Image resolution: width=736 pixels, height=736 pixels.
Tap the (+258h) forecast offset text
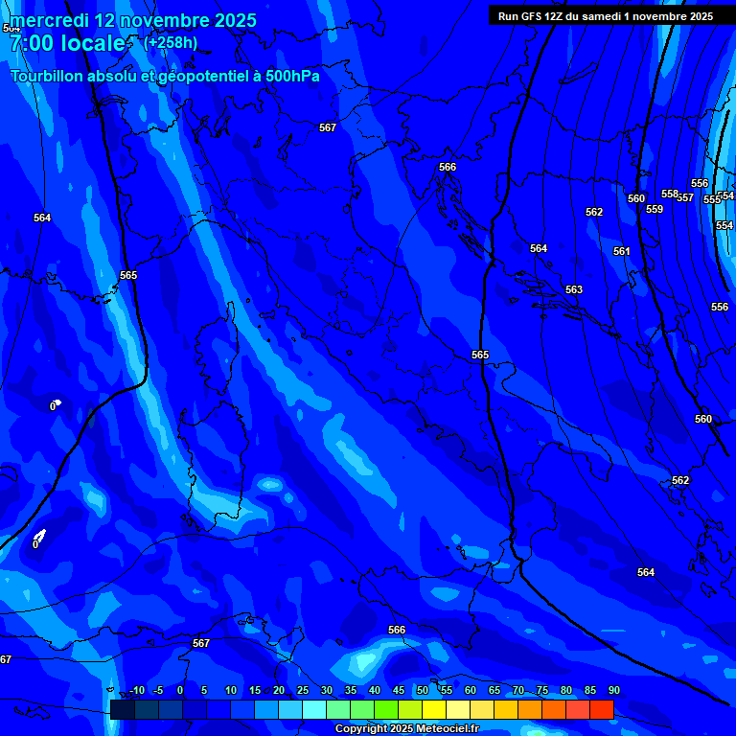171,42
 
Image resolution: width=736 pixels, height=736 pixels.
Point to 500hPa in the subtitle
292,76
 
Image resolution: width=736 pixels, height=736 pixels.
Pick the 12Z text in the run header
550,16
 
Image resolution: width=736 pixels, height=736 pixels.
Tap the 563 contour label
573,289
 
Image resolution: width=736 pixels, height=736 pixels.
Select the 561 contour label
622,251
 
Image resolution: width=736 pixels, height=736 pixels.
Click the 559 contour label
655,209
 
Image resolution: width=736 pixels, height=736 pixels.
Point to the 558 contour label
670,194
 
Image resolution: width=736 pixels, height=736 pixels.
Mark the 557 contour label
685,197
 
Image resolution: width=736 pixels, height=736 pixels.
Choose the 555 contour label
712,199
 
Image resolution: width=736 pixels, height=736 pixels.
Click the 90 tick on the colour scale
613,691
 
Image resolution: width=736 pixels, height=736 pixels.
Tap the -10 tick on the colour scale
136,691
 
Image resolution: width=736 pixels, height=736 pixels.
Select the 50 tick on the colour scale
422,691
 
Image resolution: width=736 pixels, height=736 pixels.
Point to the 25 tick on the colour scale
302,691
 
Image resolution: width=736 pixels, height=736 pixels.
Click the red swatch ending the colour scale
601,709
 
